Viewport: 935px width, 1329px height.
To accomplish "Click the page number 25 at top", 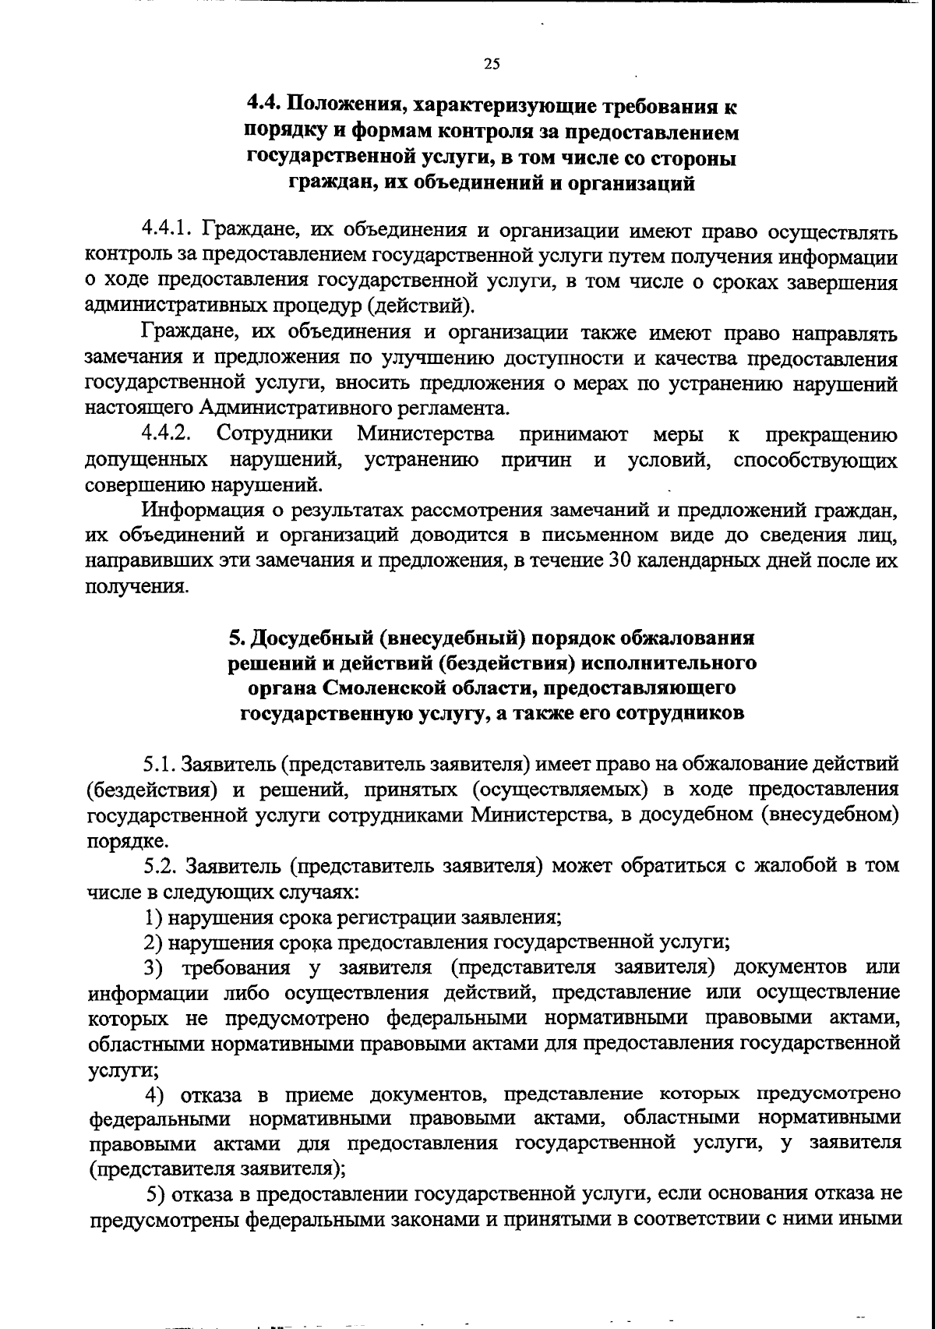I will [491, 65].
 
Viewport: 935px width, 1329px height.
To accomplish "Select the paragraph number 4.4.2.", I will [167, 434].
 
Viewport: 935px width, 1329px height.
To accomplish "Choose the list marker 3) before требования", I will [155, 967].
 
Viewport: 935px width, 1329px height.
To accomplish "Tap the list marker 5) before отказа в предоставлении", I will [156, 1195].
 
